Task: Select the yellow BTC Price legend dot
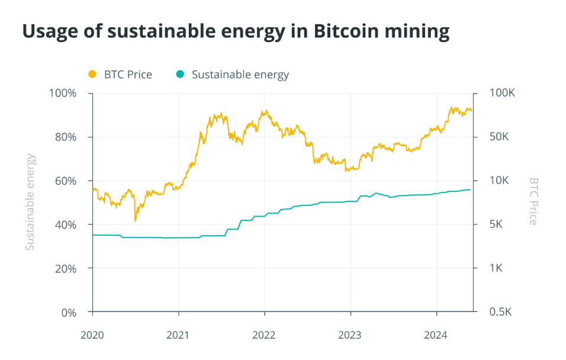pyautogui.click(x=92, y=75)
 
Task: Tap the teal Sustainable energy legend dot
pyautogui.click(x=180, y=75)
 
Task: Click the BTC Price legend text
pyautogui.click(x=128, y=75)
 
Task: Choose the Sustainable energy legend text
pyautogui.click(x=240, y=75)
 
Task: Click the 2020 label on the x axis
pyautogui.click(x=92, y=335)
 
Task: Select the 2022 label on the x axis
pyautogui.click(x=264, y=335)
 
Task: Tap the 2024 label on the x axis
pyautogui.click(x=436, y=335)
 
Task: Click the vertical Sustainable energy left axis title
pyautogui.click(x=30, y=202)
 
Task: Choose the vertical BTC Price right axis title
pyautogui.click(x=533, y=201)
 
